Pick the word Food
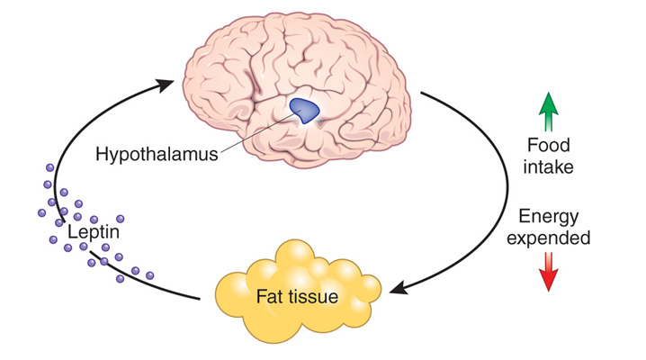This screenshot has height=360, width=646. pyautogui.click(x=549, y=145)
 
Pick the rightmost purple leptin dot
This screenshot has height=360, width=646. pyautogui.click(x=149, y=274)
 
